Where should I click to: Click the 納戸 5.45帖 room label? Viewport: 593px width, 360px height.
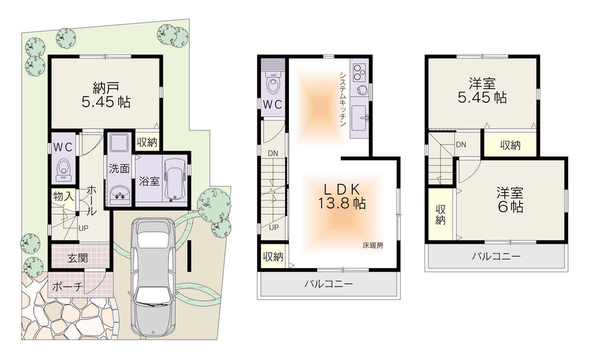[106, 94]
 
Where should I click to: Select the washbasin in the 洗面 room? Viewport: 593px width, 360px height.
[119, 193]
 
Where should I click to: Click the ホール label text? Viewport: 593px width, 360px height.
[93, 199]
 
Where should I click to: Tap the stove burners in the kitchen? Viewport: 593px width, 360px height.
[359, 74]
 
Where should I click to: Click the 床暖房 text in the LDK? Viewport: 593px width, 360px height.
[373, 245]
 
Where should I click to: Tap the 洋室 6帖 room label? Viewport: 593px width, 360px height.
[509, 200]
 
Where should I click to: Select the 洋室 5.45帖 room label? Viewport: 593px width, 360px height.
[481, 90]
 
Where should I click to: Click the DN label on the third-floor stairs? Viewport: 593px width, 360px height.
[460, 144]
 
